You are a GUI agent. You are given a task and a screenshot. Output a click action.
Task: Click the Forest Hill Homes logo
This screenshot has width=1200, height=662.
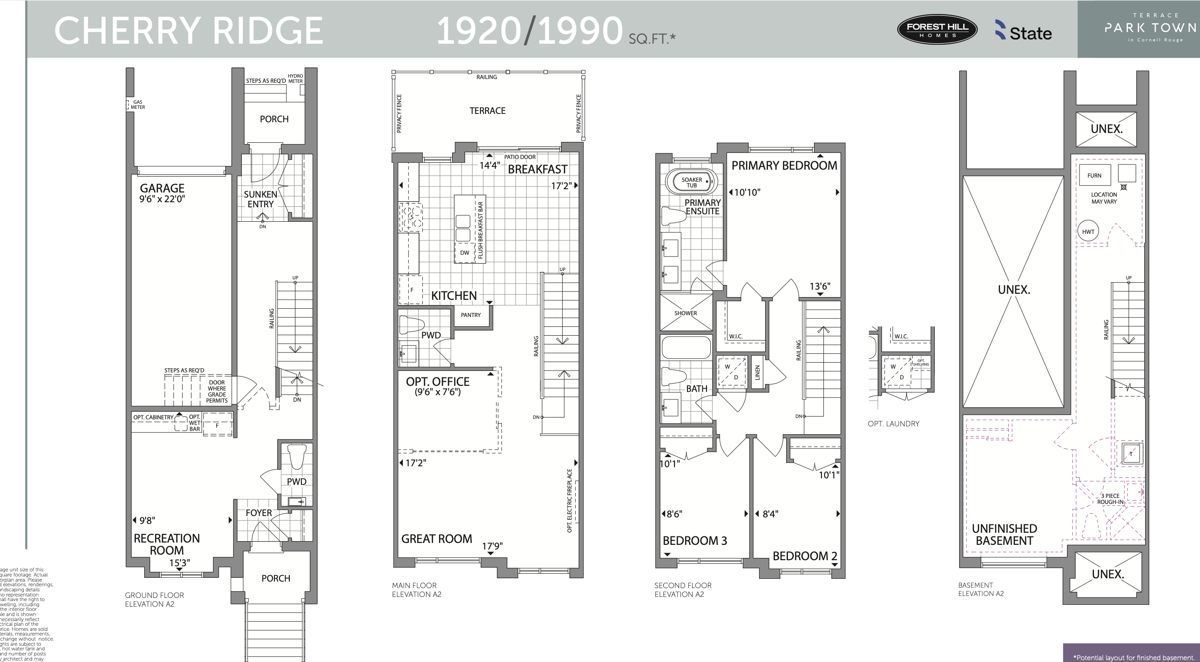click(937, 29)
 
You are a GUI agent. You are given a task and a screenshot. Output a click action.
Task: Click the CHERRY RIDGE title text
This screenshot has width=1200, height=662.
click(189, 31)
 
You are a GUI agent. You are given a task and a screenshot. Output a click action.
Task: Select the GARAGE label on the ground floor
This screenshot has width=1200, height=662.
click(162, 189)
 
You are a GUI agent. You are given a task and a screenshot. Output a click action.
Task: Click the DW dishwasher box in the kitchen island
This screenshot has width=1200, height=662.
click(465, 253)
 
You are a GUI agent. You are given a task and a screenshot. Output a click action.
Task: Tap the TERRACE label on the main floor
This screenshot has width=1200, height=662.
click(487, 111)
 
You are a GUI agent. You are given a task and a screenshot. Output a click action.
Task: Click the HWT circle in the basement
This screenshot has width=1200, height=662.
click(1088, 232)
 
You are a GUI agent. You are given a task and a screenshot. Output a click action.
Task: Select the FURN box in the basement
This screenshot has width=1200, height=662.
click(1094, 176)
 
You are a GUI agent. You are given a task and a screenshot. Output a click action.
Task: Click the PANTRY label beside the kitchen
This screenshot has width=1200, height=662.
click(471, 315)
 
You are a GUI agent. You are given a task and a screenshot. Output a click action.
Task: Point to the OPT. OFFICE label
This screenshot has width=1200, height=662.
click(437, 382)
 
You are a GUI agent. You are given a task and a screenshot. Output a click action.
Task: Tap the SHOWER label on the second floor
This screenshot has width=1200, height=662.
click(685, 313)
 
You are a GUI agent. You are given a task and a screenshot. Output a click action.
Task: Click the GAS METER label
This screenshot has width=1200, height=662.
click(137, 105)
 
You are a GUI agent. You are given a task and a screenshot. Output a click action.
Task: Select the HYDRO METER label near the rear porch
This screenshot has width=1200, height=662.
click(295, 78)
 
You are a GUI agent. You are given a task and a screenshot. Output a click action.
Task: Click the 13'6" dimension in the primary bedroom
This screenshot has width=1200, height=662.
click(820, 286)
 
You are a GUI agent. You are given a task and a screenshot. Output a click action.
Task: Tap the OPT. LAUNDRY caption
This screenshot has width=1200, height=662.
click(893, 424)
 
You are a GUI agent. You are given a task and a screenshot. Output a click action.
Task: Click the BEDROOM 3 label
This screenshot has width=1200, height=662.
click(694, 541)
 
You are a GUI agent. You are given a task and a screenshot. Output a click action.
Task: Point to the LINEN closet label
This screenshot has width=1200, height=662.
click(757, 372)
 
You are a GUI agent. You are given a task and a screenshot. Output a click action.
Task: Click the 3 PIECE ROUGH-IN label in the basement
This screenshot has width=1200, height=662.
click(1110, 499)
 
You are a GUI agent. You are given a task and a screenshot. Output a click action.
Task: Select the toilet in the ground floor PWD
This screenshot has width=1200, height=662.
click(296, 457)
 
